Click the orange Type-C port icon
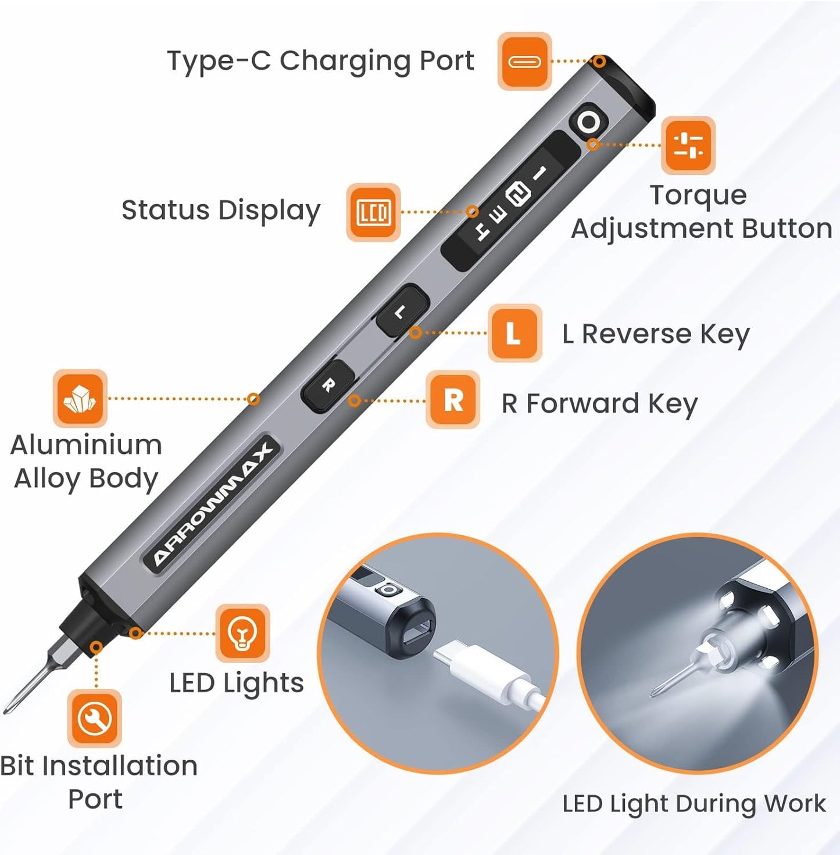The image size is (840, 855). click(524, 61)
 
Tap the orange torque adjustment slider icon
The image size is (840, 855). click(688, 145)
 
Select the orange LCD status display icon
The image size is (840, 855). click(373, 212)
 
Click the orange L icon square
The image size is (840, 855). click(514, 334)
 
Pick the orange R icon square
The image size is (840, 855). click(453, 400)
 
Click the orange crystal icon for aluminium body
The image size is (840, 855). click(80, 399)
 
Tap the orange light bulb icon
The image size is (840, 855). click(242, 633)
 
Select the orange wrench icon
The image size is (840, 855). click(95, 718)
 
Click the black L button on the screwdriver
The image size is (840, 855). click(402, 311)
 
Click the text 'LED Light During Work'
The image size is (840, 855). click(694, 804)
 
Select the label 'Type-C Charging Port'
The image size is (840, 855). click(320, 61)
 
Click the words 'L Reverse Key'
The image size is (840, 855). click(656, 334)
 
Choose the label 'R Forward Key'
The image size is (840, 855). click(599, 404)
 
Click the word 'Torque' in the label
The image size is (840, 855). click(698, 195)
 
